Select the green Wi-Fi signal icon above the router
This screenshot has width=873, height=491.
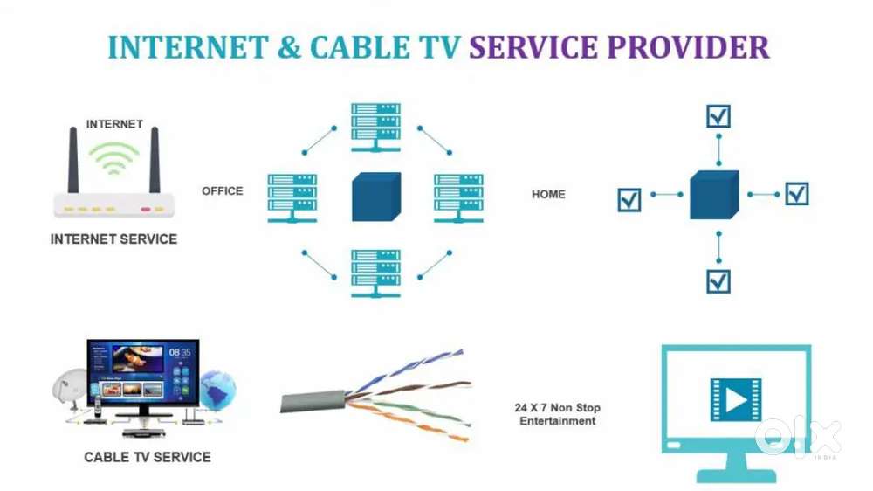[x=114, y=157]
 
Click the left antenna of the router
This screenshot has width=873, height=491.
[x=73, y=161]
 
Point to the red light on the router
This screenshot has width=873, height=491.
[x=145, y=209]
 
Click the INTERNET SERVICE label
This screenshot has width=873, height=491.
[x=113, y=239]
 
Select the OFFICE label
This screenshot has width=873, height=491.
[x=222, y=190]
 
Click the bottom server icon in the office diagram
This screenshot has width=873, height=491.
[x=375, y=273]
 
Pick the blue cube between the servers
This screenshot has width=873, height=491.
[x=376, y=197]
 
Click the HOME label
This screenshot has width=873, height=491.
[x=548, y=194]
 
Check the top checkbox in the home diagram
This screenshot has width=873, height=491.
[x=718, y=116]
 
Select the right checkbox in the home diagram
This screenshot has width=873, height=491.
[x=796, y=193]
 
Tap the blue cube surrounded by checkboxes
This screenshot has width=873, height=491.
[x=716, y=196]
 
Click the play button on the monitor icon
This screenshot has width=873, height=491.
[x=735, y=399]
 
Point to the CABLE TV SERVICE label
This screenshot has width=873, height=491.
[x=148, y=456]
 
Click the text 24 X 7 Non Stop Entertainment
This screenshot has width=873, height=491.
[x=558, y=414]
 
